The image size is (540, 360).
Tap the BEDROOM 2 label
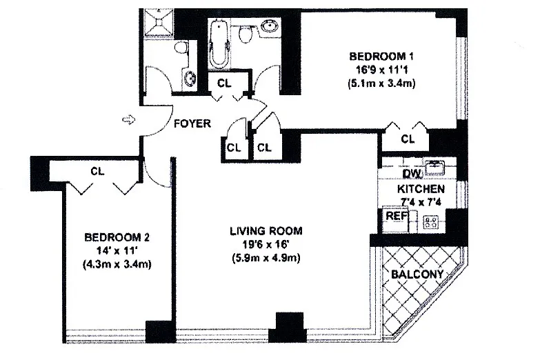113,238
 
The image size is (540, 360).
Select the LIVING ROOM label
266,231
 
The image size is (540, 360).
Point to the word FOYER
192,124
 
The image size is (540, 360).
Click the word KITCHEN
421,188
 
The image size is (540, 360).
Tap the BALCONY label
417,274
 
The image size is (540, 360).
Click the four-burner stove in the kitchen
432,221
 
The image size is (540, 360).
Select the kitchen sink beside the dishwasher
436,166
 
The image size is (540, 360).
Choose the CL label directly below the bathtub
224,83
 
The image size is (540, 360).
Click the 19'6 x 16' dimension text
266,245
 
